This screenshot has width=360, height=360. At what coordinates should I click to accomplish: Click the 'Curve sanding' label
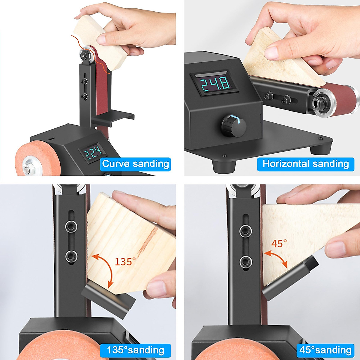136,164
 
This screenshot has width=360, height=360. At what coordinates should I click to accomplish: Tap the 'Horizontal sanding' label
306,164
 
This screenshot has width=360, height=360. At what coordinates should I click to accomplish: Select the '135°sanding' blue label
135,350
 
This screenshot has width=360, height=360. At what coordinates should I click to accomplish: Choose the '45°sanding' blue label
325,350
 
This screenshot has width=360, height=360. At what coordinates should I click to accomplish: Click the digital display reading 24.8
215,84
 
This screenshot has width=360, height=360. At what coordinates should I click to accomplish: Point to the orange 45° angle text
279,243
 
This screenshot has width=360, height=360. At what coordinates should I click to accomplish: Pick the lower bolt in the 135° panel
71,256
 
